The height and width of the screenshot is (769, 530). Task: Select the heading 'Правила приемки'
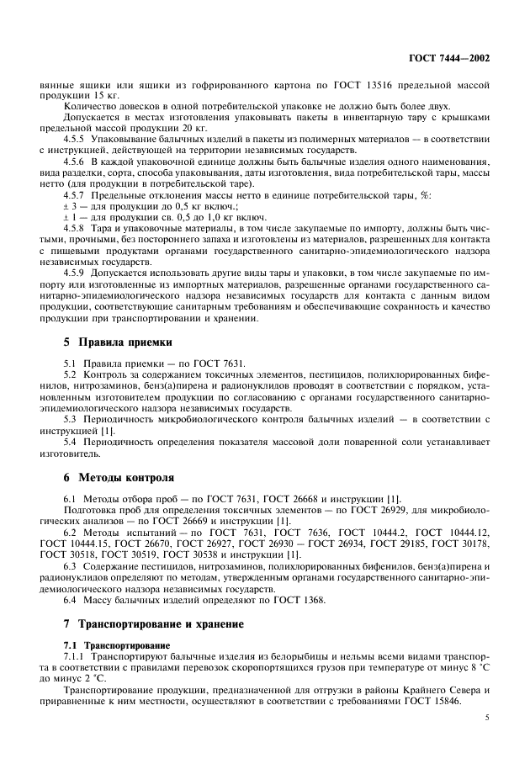pos(125,342)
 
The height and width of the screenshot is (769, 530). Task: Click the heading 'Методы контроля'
pos(126,475)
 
